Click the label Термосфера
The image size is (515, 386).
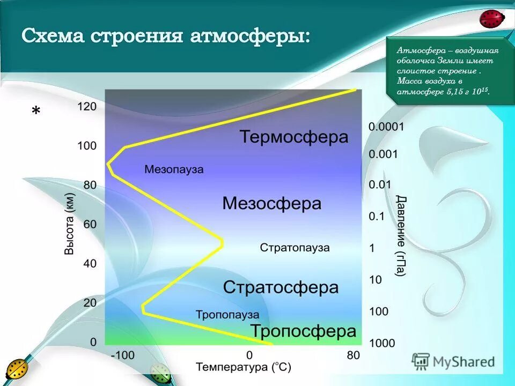(293, 137)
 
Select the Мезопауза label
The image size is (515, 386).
(174, 169)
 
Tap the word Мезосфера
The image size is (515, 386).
(271, 204)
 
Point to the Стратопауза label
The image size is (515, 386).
(295, 248)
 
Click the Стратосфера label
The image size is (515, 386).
(281, 287)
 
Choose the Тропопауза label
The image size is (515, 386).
(227, 315)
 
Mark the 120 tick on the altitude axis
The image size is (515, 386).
(87, 107)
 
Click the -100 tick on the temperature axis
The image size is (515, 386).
(122, 355)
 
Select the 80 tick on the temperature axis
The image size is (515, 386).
(353, 355)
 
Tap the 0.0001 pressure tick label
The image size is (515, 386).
(386, 127)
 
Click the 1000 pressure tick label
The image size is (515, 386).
(382, 343)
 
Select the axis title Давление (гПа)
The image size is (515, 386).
(400, 236)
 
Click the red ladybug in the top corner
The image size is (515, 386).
(492, 19)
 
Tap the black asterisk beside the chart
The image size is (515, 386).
(36, 112)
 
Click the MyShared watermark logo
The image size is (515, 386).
(453, 361)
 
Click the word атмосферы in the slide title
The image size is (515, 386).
(247, 37)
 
